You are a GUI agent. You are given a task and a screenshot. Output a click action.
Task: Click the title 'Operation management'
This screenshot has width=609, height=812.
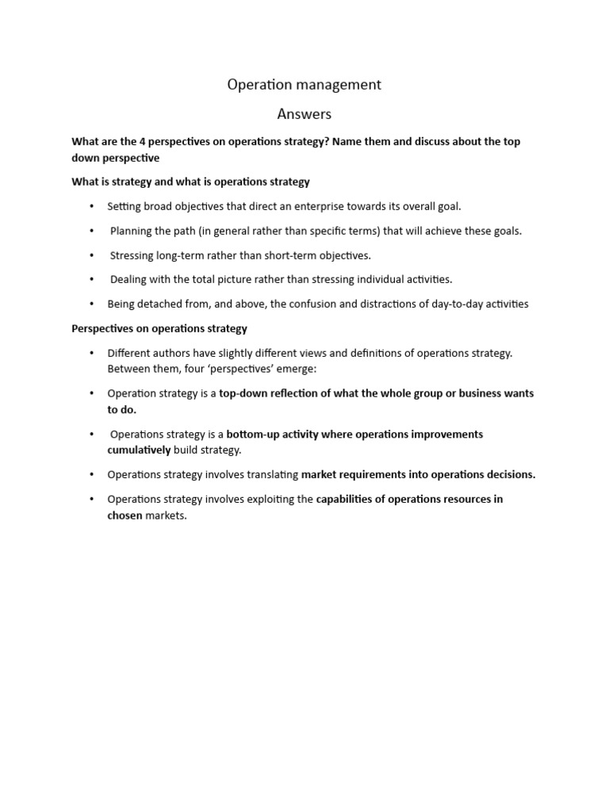304,85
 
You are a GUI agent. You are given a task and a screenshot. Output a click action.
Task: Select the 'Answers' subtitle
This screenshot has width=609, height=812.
304,114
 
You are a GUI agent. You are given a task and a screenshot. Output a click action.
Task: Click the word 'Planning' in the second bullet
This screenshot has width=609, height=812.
131,231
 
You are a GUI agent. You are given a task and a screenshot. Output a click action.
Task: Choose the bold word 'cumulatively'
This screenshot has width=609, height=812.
139,450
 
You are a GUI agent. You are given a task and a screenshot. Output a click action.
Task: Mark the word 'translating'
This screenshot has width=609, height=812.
270,474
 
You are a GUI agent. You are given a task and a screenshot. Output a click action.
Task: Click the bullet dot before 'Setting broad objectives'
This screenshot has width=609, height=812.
92,206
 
